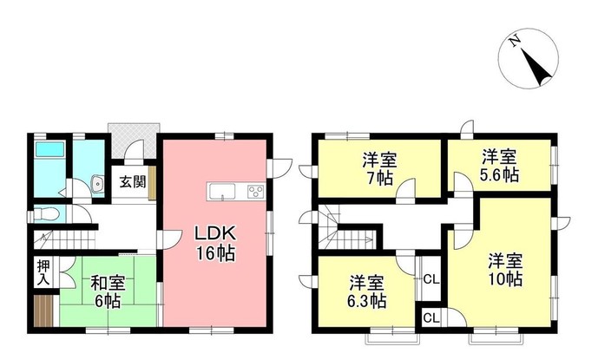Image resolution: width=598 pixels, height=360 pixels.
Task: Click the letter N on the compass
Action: pos(514,41)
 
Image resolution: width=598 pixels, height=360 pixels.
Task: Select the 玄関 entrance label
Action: pos(132,183)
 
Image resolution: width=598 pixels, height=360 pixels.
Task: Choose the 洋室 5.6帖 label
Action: pos(499,166)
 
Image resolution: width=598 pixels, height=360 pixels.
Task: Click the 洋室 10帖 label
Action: pos(503,269)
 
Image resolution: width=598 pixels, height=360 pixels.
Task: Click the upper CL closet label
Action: pos(430,279)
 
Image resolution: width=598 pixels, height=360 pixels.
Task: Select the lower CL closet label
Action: pos(430,318)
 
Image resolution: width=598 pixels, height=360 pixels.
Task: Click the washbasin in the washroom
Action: pos(94,184)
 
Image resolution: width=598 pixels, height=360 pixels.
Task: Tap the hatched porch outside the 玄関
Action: pos(132,139)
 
